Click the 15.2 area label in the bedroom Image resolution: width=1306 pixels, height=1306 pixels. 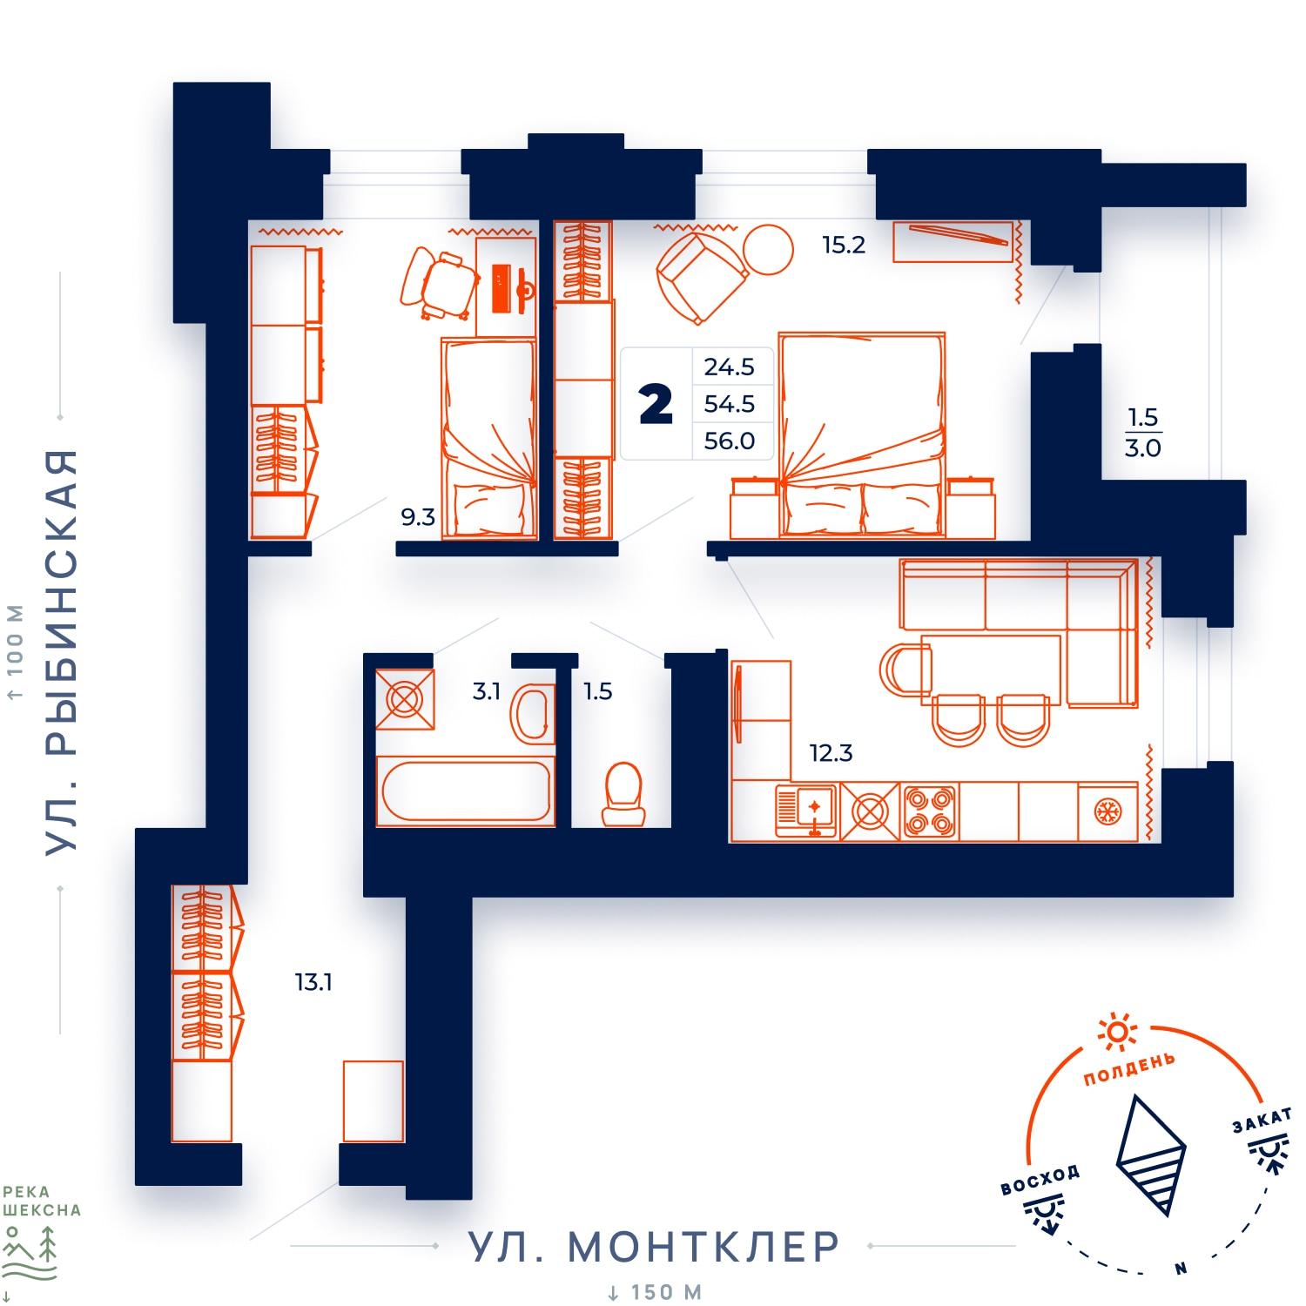click(x=844, y=246)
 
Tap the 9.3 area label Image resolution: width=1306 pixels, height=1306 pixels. click(x=417, y=518)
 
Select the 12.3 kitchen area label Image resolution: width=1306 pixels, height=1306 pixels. click(x=831, y=753)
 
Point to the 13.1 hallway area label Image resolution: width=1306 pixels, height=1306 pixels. click(x=313, y=983)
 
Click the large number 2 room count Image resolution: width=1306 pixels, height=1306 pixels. click(x=656, y=406)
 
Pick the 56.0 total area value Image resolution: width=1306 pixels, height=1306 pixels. click(x=730, y=441)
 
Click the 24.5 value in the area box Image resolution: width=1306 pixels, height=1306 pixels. click(x=730, y=367)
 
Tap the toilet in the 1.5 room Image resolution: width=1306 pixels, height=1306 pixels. click(x=623, y=794)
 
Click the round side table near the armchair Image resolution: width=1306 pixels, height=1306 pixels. click(x=769, y=250)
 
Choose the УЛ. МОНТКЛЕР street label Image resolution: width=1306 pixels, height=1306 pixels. click(x=654, y=1247)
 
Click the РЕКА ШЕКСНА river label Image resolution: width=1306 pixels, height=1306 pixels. click(x=43, y=1201)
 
